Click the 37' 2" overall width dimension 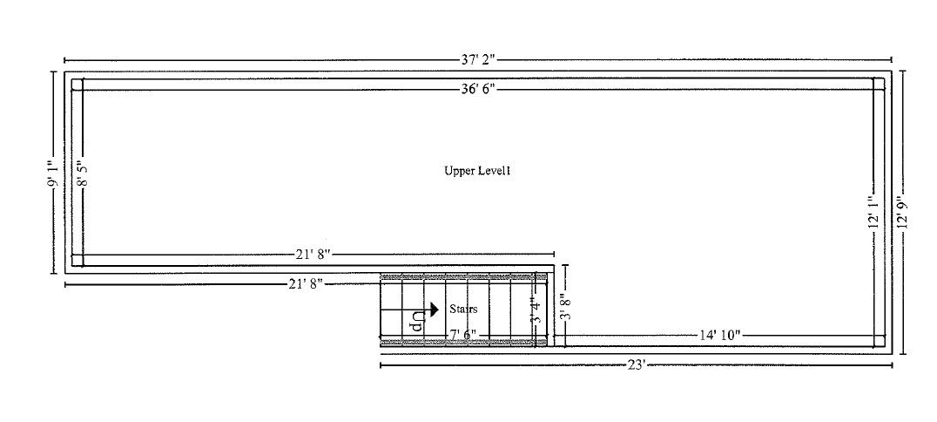coord(477,59)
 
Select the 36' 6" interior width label coord(477,89)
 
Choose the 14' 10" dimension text coord(719,335)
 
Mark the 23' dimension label coord(637,364)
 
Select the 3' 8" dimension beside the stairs coord(565,306)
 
